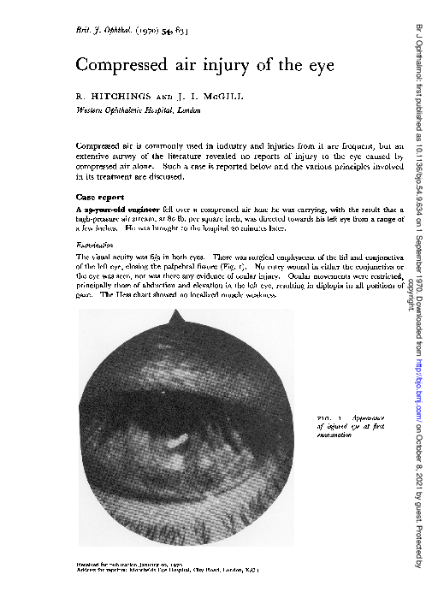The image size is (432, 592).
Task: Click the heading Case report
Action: click(100, 197)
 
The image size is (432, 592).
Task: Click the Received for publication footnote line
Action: click(133, 565)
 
